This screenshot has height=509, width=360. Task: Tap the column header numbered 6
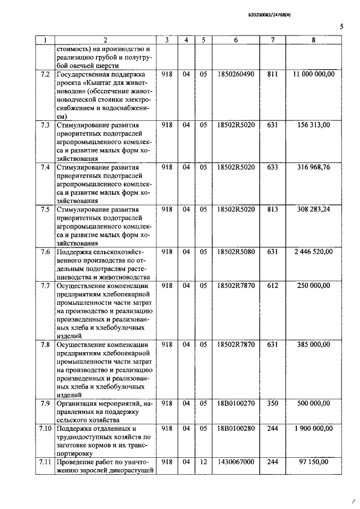pos(236,40)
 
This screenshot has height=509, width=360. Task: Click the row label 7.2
pos(46,74)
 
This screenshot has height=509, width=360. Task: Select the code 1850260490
pos(236,74)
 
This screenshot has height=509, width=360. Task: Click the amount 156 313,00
pos(313,125)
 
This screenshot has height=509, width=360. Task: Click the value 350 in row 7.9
pos(273,403)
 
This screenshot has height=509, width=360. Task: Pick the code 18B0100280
pos(236,429)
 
